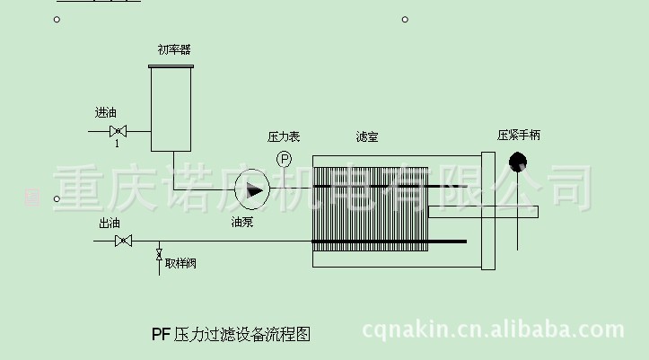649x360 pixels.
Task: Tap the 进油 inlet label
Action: click(x=106, y=113)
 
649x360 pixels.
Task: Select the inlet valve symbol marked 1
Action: click(x=117, y=132)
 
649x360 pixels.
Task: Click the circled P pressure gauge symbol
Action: click(x=284, y=159)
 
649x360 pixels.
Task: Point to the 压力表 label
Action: click(x=284, y=137)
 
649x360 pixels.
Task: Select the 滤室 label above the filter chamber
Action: click(x=367, y=137)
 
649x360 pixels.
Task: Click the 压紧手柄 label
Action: click(x=519, y=136)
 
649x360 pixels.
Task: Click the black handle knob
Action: click(x=517, y=162)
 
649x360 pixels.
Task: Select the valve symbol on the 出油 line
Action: click(x=124, y=241)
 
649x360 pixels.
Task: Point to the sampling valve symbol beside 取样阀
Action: click(x=159, y=256)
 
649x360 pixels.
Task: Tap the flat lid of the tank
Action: click(x=171, y=66)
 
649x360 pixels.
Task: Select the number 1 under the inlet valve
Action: click(x=116, y=143)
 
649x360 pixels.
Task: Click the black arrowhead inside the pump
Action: click(x=256, y=189)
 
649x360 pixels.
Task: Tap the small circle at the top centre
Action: click(x=406, y=19)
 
